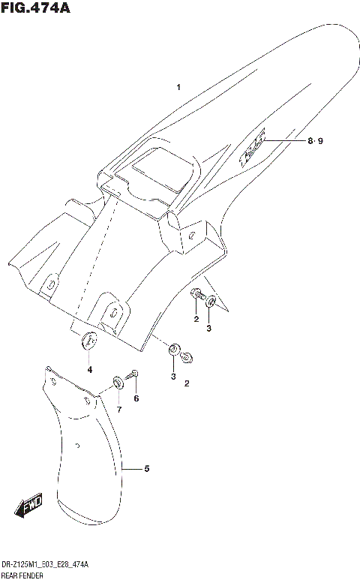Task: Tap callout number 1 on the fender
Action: click(178, 88)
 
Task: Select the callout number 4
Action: click(89, 369)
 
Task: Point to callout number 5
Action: click(147, 469)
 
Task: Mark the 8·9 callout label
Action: click(314, 141)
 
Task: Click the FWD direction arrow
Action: click(31, 506)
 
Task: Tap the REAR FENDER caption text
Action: click(22, 574)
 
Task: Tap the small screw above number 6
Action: click(134, 374)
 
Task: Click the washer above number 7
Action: click(118, 383)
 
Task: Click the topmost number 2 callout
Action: click(195, 319)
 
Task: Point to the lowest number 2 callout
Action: click(187, 384)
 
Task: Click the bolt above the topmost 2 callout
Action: click(196, 294)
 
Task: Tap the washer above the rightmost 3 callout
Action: click(211, 302)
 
